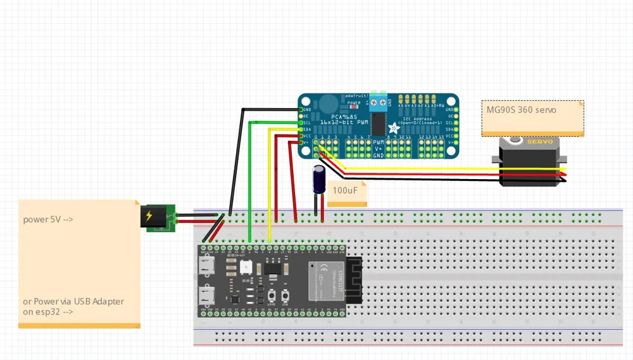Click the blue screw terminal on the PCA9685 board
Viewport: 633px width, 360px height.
point(378,101)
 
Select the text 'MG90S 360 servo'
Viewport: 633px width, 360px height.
point(521,110)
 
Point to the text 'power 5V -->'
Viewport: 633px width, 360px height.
point(48,220)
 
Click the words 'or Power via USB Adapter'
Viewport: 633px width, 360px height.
point(73,301)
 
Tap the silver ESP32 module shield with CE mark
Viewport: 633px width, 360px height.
point(326,280)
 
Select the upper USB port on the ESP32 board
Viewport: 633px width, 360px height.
point(207,266)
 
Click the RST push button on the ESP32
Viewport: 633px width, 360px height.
point(287,295)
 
